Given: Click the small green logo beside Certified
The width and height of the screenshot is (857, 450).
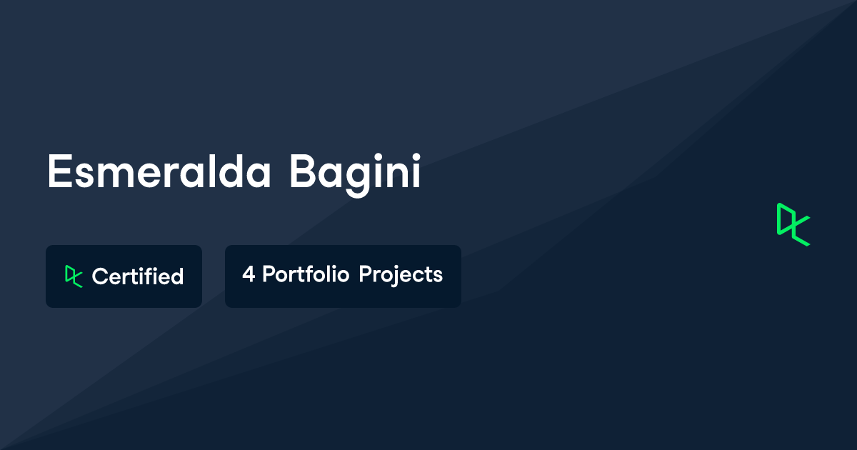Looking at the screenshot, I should point(73,276).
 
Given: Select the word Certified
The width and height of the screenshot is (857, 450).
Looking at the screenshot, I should point(138,276).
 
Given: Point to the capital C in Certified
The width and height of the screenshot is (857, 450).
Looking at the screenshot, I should point(99,276).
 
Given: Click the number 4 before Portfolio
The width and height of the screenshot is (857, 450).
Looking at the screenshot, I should point(248,275).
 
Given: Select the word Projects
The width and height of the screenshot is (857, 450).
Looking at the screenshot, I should point(401,275).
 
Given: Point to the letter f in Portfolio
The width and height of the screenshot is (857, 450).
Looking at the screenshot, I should point(311,274).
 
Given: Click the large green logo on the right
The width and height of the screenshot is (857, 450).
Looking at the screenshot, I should point(793,224).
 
